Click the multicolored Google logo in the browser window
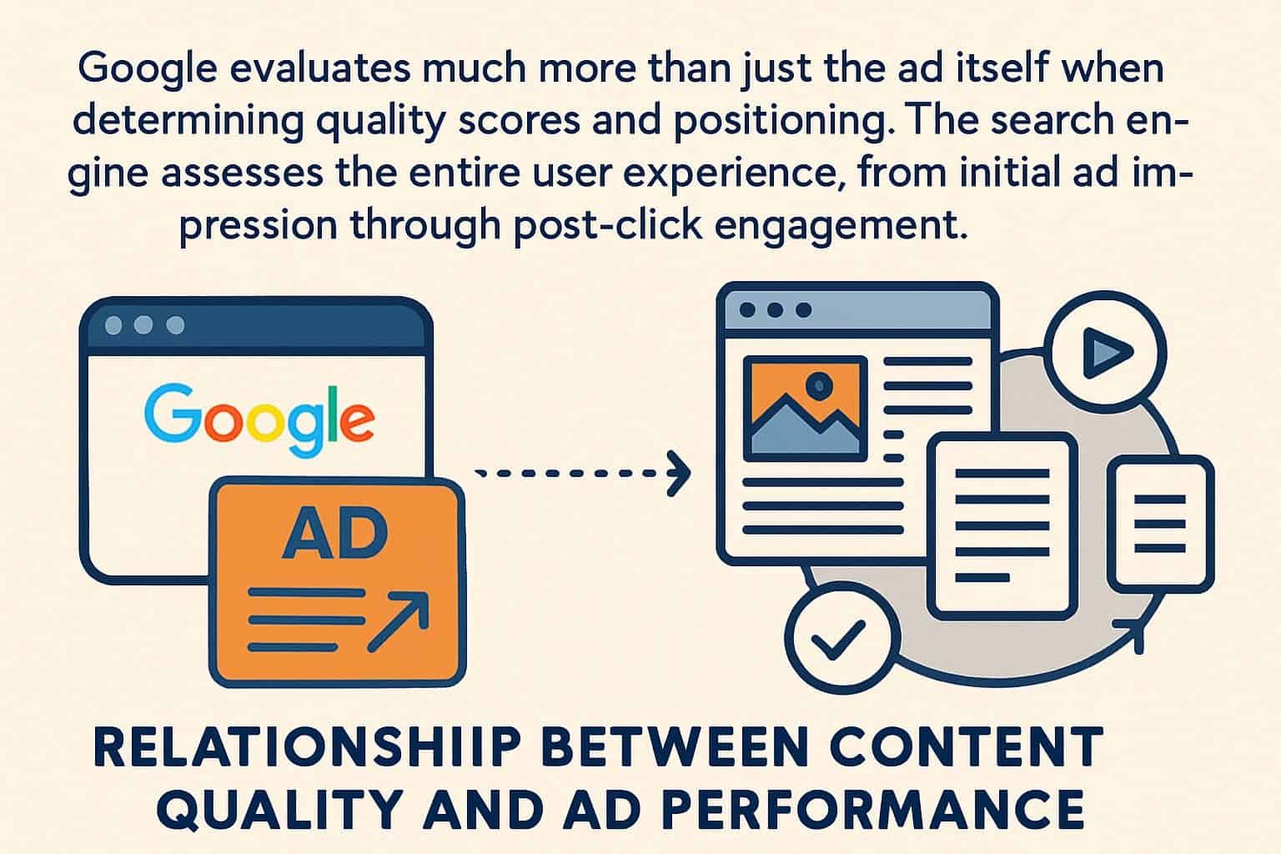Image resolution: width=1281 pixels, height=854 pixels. tap(259, 419)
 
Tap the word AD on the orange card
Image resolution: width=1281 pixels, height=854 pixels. tap(335, 535)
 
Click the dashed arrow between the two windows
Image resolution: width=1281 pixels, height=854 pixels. tap(583, 474)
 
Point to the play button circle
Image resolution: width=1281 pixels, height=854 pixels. tap(1105, 352)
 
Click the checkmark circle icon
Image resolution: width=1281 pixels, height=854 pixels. tap(839, 639)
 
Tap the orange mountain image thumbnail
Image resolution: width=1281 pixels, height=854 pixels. tap(805, 409)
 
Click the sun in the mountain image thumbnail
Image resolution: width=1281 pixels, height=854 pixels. tap(820, 385)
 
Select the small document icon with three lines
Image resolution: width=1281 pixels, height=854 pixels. tap(1161, 524)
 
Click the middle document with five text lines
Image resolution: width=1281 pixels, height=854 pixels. tap(1002, 525)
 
